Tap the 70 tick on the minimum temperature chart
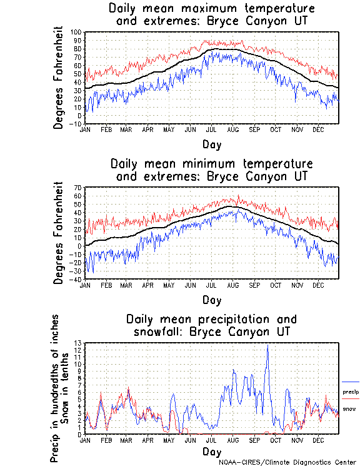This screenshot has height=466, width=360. [79, 188]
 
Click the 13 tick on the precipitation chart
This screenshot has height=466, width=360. [79, 343]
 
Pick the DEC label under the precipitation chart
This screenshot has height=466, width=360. [317, 439]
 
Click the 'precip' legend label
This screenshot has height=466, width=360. [351, 392]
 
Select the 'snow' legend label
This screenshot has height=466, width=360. [349, 408]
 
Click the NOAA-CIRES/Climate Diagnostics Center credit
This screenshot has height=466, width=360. [288, 462]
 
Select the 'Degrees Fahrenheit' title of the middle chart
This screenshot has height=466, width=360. [59, 233]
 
